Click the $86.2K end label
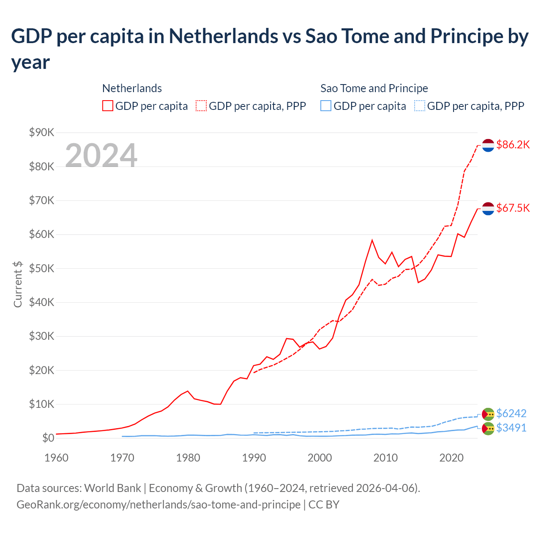513,145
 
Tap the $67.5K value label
513,208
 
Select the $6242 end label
511,413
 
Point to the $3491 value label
511,428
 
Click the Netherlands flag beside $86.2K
488,145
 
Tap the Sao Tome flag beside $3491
488,429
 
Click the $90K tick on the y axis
42,133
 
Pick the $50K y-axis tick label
42,268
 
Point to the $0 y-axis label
48,438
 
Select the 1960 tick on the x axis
56,458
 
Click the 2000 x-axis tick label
320,458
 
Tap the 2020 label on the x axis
451,458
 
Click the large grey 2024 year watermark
101,156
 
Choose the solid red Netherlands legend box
108,106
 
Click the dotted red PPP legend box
201,106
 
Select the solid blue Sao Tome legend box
326,106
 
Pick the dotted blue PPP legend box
420,106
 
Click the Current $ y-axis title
18,284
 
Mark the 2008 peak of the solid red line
372,240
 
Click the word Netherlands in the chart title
224,36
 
